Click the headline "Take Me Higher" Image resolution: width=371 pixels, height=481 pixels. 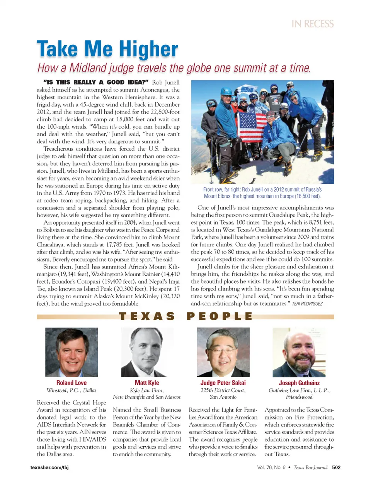click(107, 49)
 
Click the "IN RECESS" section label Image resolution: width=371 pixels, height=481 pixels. click(313, 24)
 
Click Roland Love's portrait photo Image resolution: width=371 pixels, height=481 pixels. click(71, 352)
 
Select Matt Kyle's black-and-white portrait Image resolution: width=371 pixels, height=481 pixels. click(147, 352)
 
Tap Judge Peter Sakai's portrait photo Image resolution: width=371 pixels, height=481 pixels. click(223, 352)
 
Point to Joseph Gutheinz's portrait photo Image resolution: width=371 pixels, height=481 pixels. click(299, 352)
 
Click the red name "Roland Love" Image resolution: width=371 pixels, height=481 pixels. click(71, 383)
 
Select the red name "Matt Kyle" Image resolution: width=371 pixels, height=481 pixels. click(147, 383)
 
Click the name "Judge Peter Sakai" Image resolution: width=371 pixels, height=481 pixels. click(223, 383)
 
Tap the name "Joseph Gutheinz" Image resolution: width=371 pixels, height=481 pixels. click(299, 383)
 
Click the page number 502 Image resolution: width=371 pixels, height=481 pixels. click(336, 467)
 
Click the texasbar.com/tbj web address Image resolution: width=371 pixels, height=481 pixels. click(49, 467)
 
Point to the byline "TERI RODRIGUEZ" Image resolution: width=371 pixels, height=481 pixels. click(307, 304)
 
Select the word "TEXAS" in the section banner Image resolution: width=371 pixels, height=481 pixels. click(147, 316)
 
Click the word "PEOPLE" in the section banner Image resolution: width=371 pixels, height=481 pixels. click(220, 316)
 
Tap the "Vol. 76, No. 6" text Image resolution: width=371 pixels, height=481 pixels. click(271, 467)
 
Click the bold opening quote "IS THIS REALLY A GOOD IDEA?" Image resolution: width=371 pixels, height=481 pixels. click(96, 82)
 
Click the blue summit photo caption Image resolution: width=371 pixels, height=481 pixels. click(262, 193)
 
